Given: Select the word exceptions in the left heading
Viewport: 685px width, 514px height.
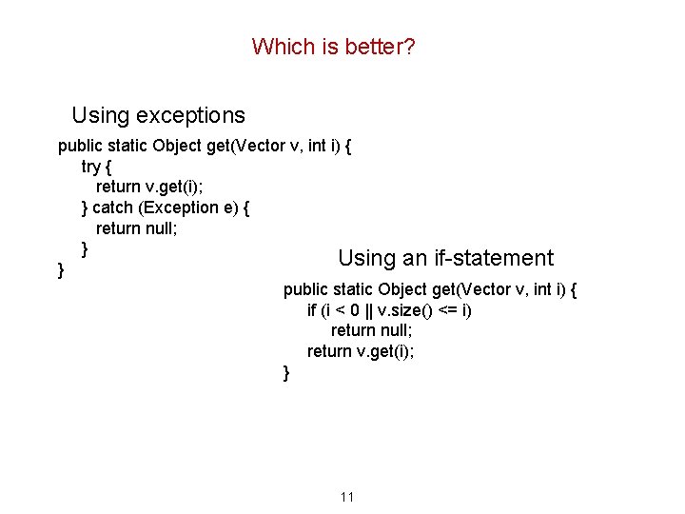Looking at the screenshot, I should [190, 116].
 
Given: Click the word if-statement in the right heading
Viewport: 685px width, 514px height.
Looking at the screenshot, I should [491, 258].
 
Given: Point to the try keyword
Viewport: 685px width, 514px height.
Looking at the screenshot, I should [91, 167].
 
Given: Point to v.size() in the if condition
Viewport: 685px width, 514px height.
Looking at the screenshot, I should [405, 310].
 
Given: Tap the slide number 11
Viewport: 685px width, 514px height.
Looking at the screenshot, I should [346, 497].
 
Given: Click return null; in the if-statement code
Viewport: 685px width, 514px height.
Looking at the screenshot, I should [374, 330].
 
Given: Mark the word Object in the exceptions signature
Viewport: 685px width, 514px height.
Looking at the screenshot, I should [176, 146].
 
